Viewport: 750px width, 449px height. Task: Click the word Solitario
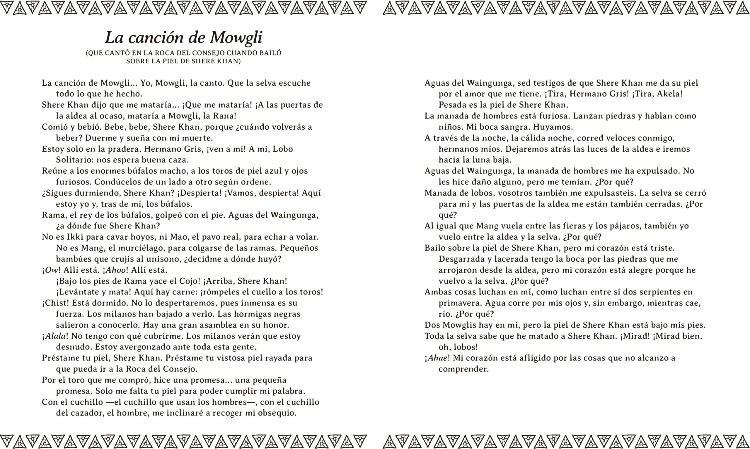tap(75, 160)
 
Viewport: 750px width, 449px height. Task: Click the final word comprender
tap(463, 369)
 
